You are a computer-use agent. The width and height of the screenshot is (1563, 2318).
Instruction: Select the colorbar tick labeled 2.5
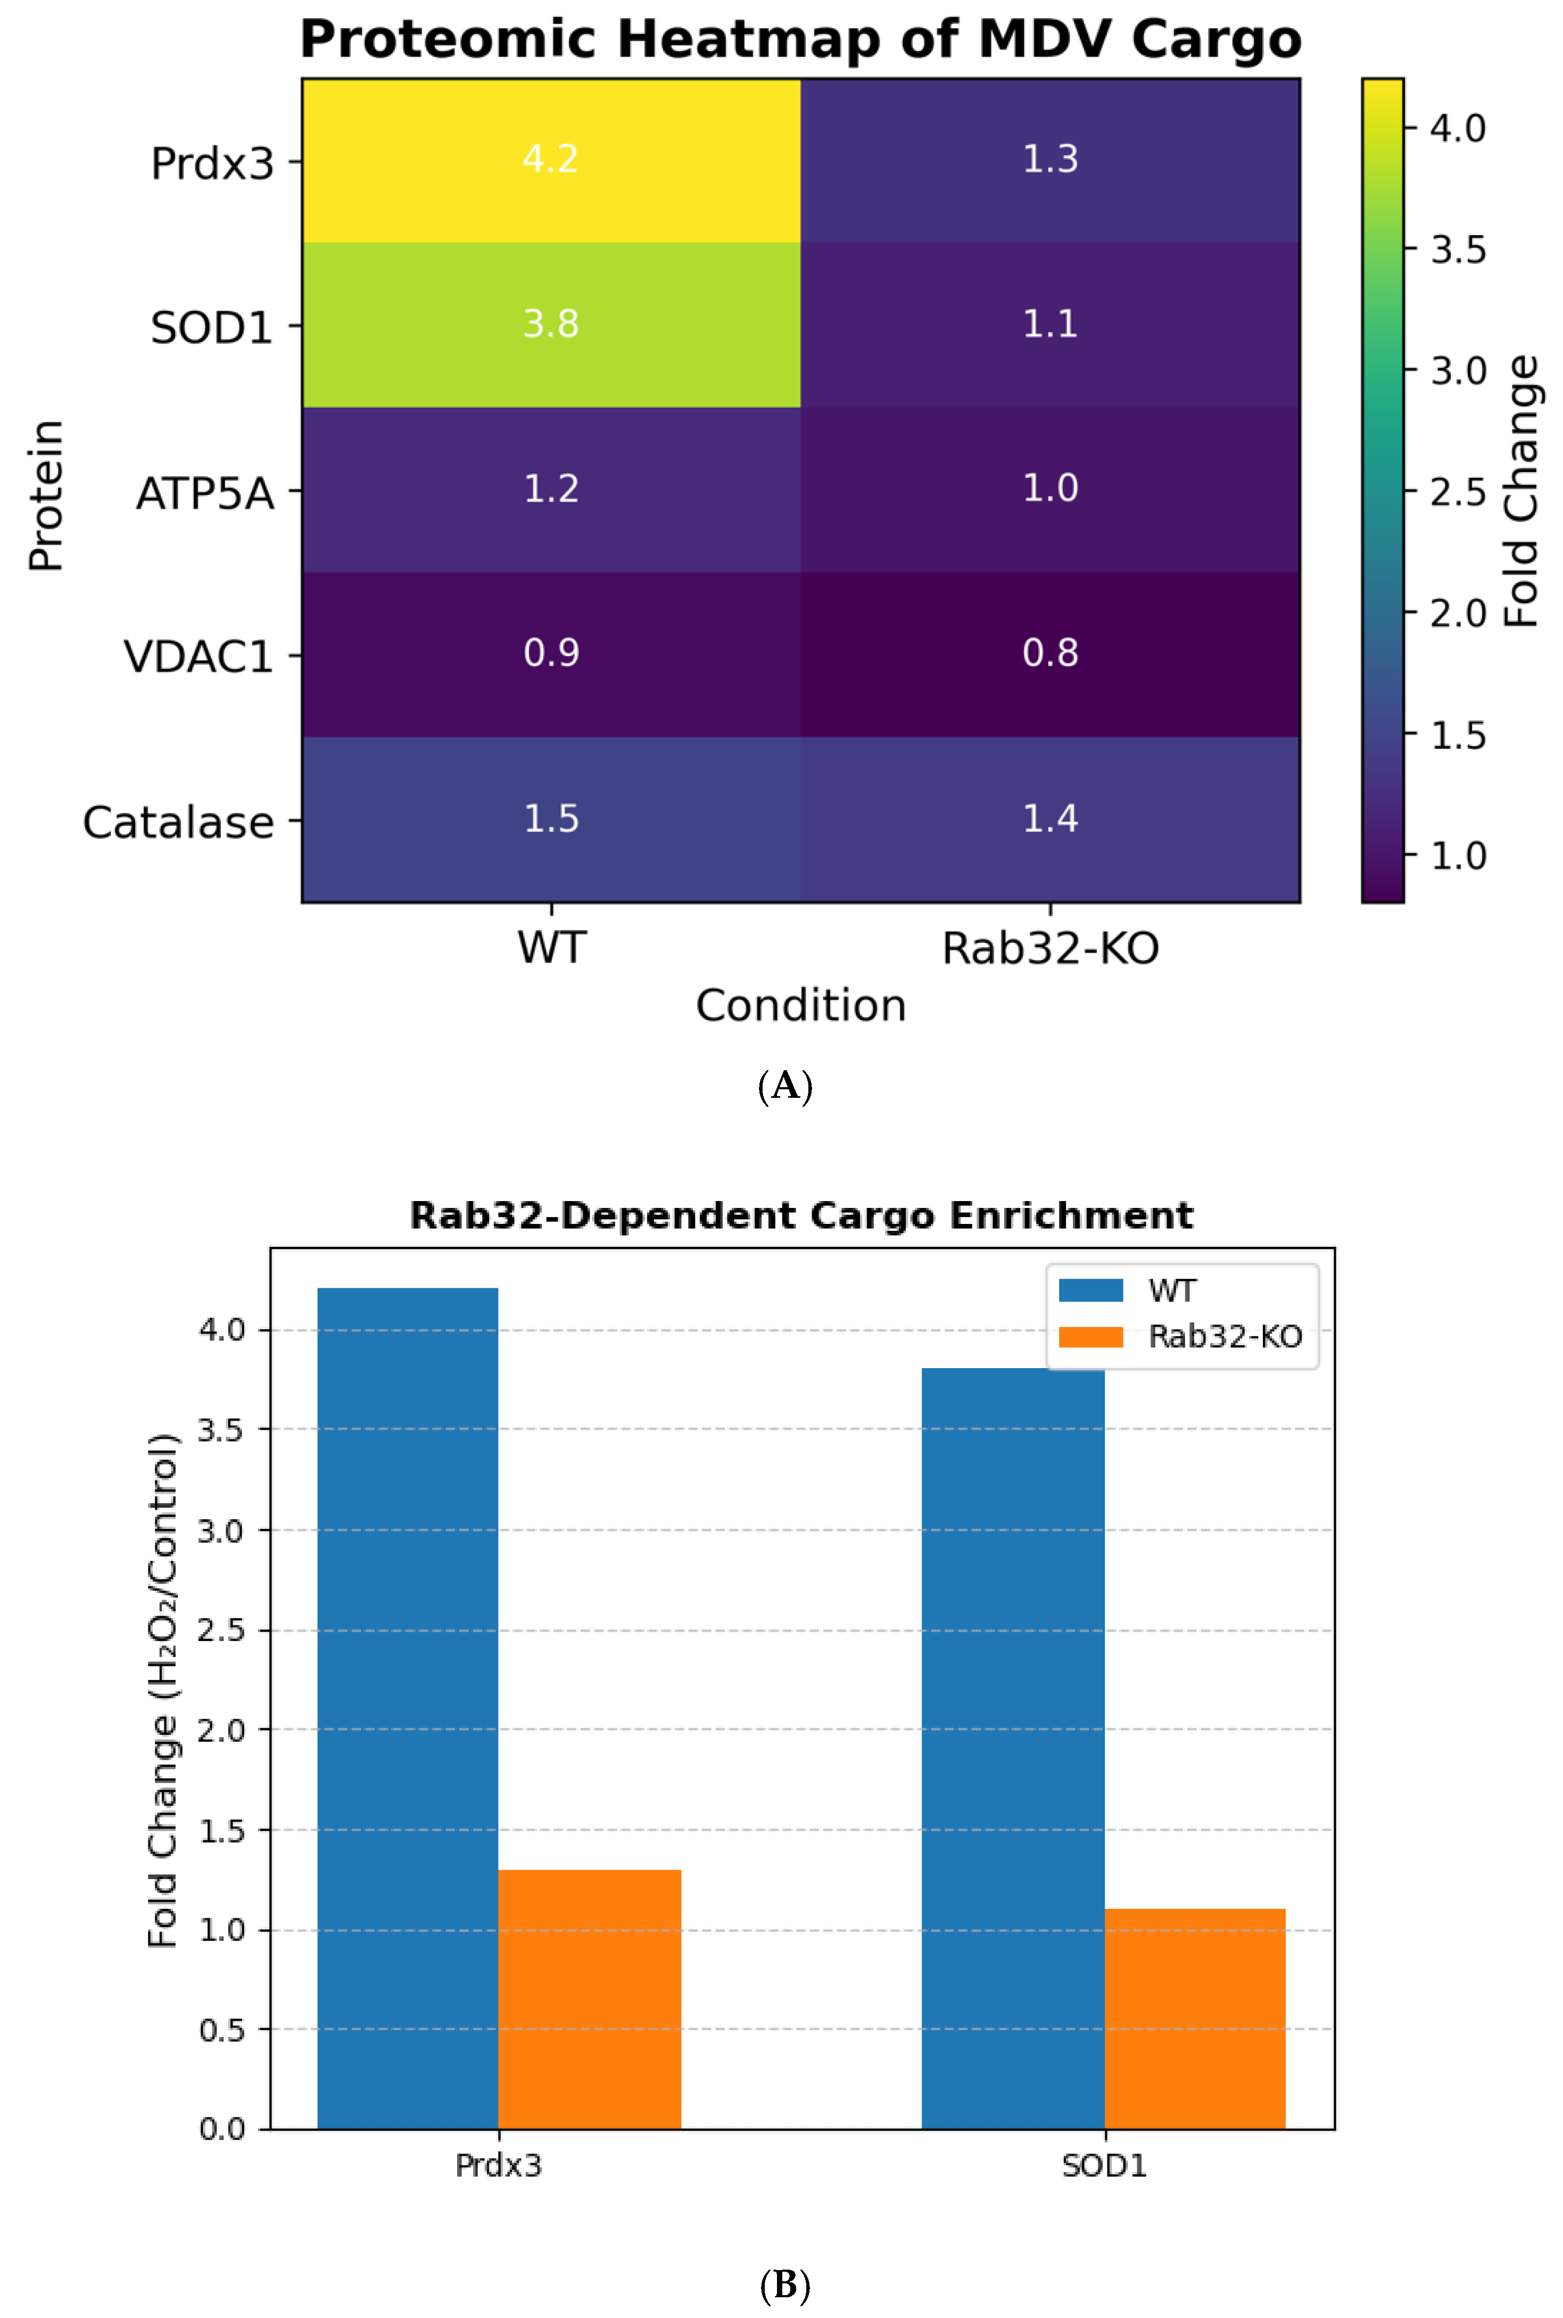pyautogui.click(x=1457, y=492)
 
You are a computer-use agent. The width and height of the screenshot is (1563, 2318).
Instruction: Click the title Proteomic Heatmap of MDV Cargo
pyautogui.click(x=800, y=40)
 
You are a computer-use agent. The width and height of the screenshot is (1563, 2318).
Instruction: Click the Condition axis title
pyautogui.click(x=800, y=1006)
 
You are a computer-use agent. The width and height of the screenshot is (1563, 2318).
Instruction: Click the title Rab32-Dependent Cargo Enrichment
pyautogui.click(x=800, y=1216)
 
